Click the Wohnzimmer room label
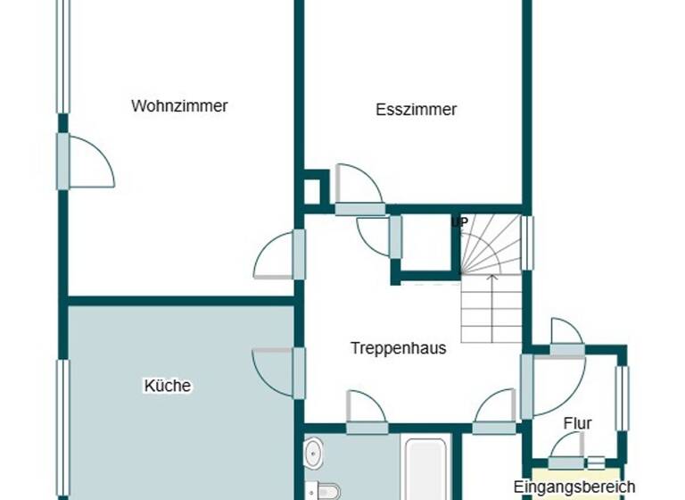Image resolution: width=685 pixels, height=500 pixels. pyautogui.click(x=179, y=105)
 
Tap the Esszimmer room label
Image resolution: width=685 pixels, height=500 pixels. pyautogui.click(x=416, y=110)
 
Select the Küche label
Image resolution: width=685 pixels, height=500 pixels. pyautogui.click(x=167, y=386)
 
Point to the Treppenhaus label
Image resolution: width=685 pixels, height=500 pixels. pyautogui.click(x=398, y=348)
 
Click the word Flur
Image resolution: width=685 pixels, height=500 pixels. pyautogui.click(x=577, y=423)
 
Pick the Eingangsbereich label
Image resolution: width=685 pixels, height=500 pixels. pyautogui.click(x=574, y=487)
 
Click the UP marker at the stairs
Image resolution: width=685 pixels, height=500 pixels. pyautogui.click(x=459, y=221)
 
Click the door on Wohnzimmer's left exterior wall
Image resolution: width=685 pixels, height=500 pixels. pyautogui.click(x=86, y=162)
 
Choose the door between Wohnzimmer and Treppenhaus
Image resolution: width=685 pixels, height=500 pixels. pyautogui.click(x=277, y=255)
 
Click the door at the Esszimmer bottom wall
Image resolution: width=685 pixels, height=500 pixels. pyautogui.click(x=359, y=190)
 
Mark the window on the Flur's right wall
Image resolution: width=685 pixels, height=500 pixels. pyautogui.click(x=623, y=397)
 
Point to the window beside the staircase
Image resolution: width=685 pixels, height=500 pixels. pyautogui.click(x=526, y=243)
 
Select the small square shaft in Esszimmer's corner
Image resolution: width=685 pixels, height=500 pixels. pyautogui.click(x=314, y=190)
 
